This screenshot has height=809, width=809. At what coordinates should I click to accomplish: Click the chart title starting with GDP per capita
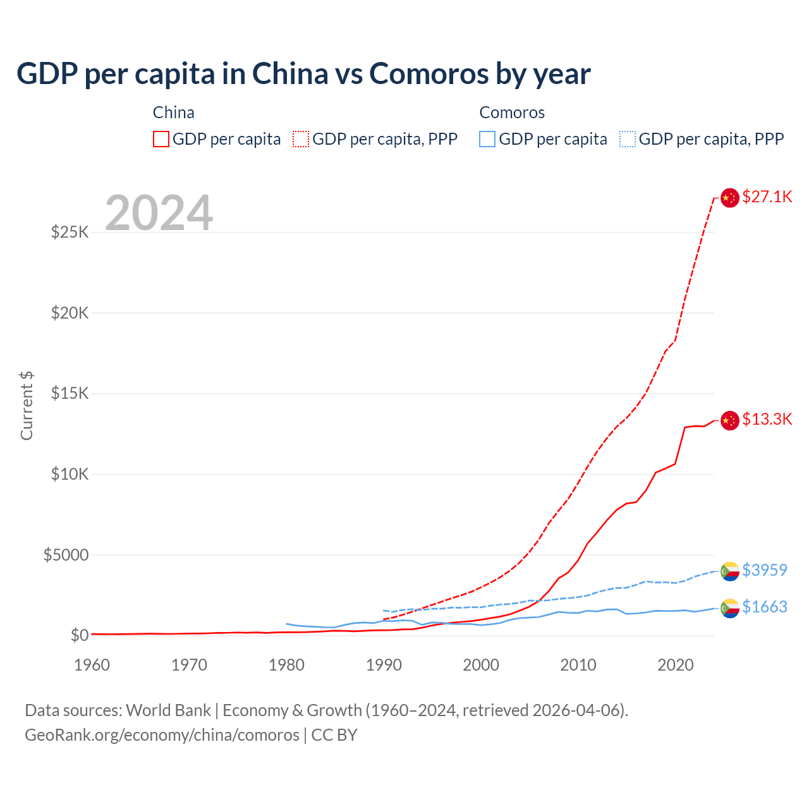303,74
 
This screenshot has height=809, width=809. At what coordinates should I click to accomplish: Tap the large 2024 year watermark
159,213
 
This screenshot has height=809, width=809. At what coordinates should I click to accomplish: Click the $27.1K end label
767,197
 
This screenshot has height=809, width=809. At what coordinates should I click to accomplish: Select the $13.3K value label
767,419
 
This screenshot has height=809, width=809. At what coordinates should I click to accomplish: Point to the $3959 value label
764,570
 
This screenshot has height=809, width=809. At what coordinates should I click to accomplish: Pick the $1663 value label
764,607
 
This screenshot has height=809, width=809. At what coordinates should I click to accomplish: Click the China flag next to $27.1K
730,198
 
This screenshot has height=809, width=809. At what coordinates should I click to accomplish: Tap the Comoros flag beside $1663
730,608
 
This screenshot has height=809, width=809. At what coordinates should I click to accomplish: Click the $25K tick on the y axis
70,232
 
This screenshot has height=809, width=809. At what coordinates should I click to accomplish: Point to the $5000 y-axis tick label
66,555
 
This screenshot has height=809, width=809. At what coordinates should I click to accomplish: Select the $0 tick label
79,635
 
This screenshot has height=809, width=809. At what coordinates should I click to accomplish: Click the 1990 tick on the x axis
384,665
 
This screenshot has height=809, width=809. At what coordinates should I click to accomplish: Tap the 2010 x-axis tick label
578,665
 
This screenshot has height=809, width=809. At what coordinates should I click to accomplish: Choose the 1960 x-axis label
92,665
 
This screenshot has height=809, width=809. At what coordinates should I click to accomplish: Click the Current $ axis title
27,406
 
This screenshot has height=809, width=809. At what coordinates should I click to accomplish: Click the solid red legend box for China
161,139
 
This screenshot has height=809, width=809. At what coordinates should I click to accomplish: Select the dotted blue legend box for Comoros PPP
628,139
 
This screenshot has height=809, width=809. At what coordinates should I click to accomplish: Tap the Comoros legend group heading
512,113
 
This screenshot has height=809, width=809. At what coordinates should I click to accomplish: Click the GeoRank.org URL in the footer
162,735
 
